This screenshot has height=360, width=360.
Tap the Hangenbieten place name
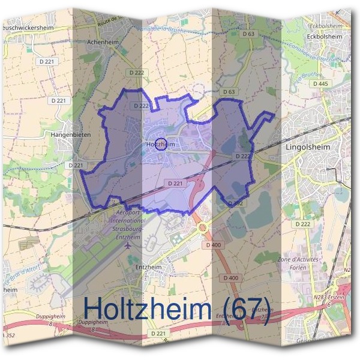coord(71,135)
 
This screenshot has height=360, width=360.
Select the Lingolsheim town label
coord(309,146)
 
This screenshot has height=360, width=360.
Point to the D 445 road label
coord(320,84)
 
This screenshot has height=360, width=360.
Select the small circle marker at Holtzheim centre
coord(160,143)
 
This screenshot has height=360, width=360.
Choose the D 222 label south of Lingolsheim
coord(303,224)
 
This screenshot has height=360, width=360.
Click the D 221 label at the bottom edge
coord(158,333)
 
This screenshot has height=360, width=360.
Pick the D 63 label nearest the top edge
coord(248,34)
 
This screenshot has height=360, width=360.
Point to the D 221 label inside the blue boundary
coord(175,183)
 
